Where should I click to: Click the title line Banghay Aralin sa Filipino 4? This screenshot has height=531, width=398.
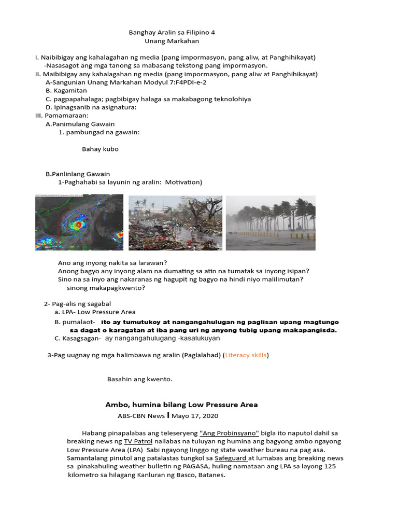click(172, 32)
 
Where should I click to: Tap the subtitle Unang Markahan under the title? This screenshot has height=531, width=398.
click(172, 41)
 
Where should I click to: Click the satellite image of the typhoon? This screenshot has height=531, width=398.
click(79, 222)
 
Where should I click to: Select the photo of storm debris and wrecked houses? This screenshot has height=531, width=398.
click(175, 222)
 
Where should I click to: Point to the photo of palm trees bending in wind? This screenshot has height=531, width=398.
click(271, 222)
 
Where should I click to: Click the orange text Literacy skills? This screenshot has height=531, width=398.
click(246, 355)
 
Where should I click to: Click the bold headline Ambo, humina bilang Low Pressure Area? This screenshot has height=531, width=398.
click(181, 404)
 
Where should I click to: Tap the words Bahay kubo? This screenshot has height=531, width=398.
click(100, 149)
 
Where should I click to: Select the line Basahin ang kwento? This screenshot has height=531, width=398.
click(139, 379)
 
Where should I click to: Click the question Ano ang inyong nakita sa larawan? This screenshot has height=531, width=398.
click(116, 262)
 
